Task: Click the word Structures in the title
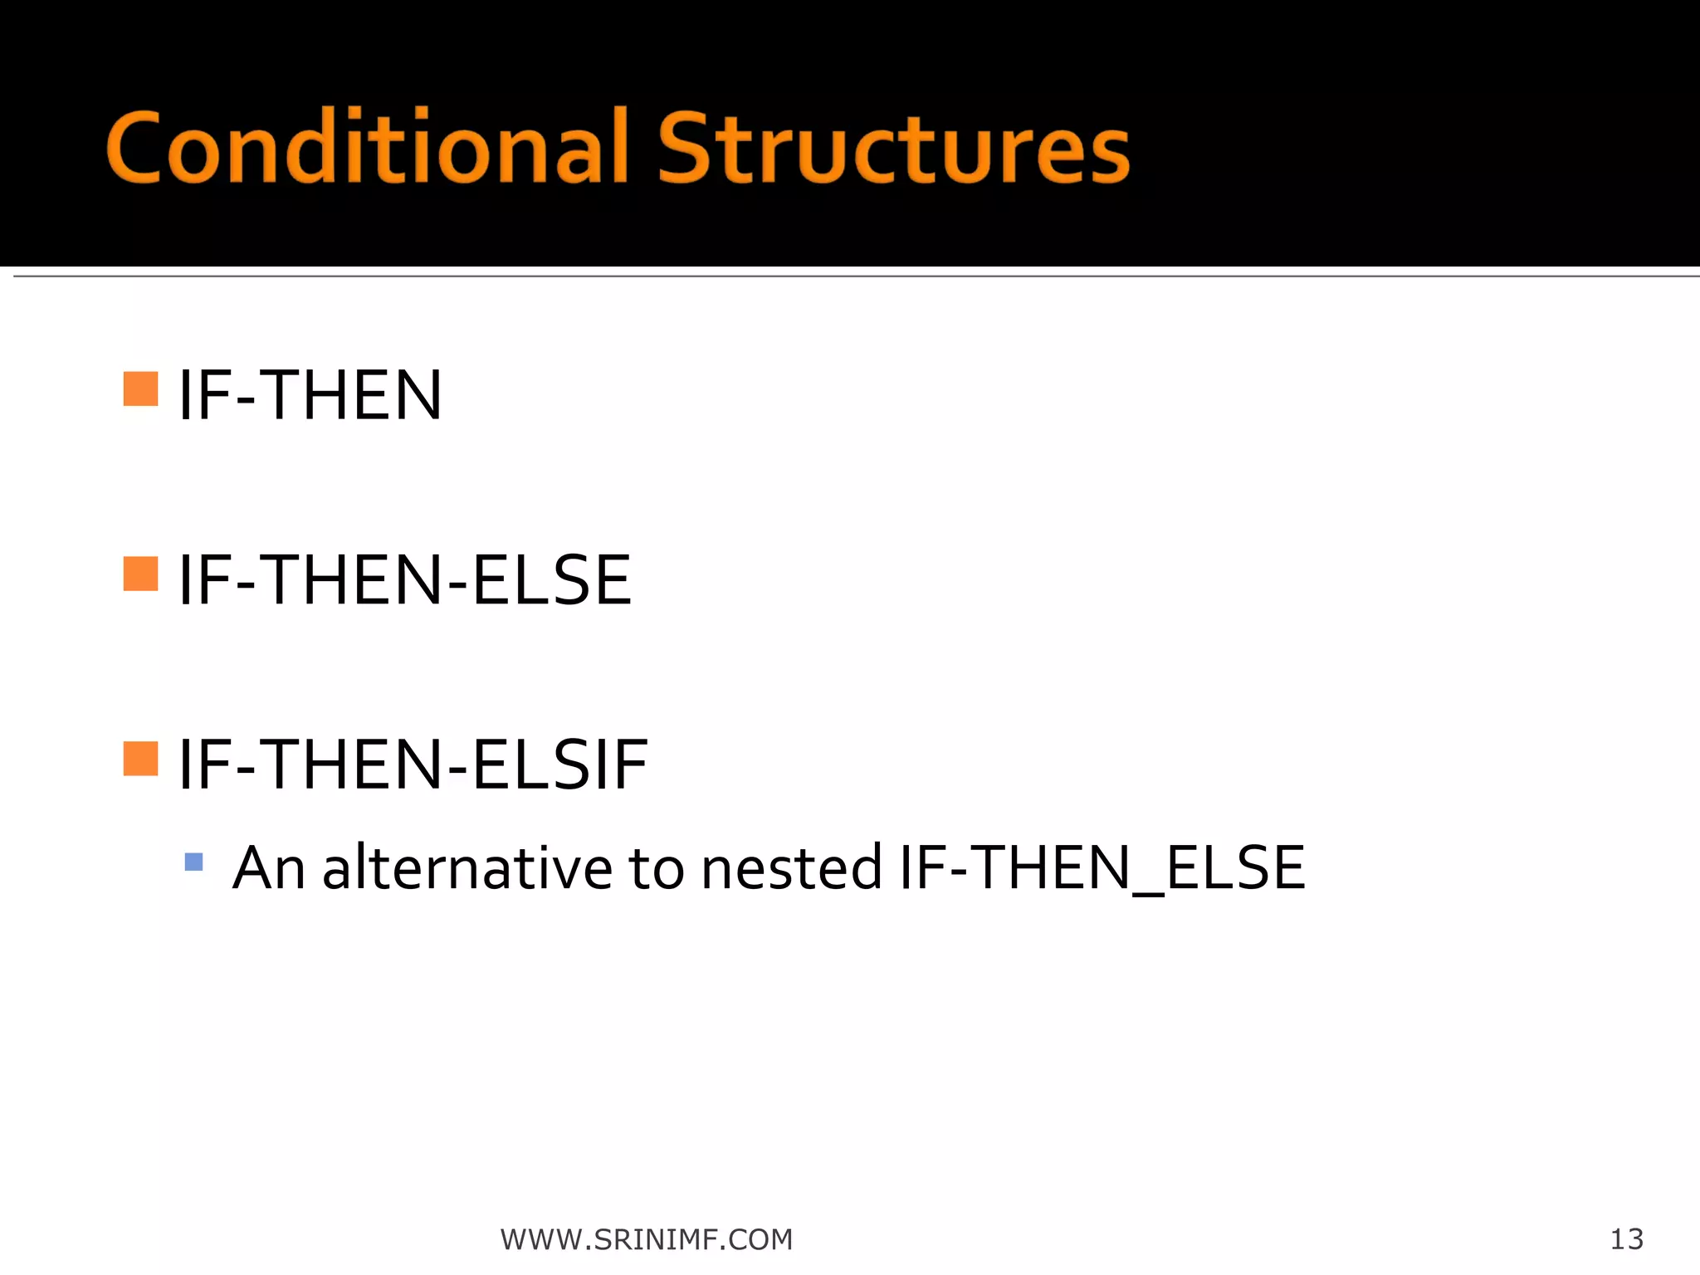coord(894,148)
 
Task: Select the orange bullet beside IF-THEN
coord(140,388)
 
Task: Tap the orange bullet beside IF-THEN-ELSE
coord(140,574)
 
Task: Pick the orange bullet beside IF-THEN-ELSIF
coord(140,758)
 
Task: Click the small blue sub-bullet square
coord(194,862)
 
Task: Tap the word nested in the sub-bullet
coord(791,867)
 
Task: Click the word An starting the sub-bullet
coord(269,867)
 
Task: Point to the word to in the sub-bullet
coord(656,867)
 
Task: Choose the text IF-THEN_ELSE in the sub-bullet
coord(1102,867)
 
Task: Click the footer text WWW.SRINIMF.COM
coord(647,1239)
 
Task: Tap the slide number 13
coord(1626,1239)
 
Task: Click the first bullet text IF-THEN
coord(310,396)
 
